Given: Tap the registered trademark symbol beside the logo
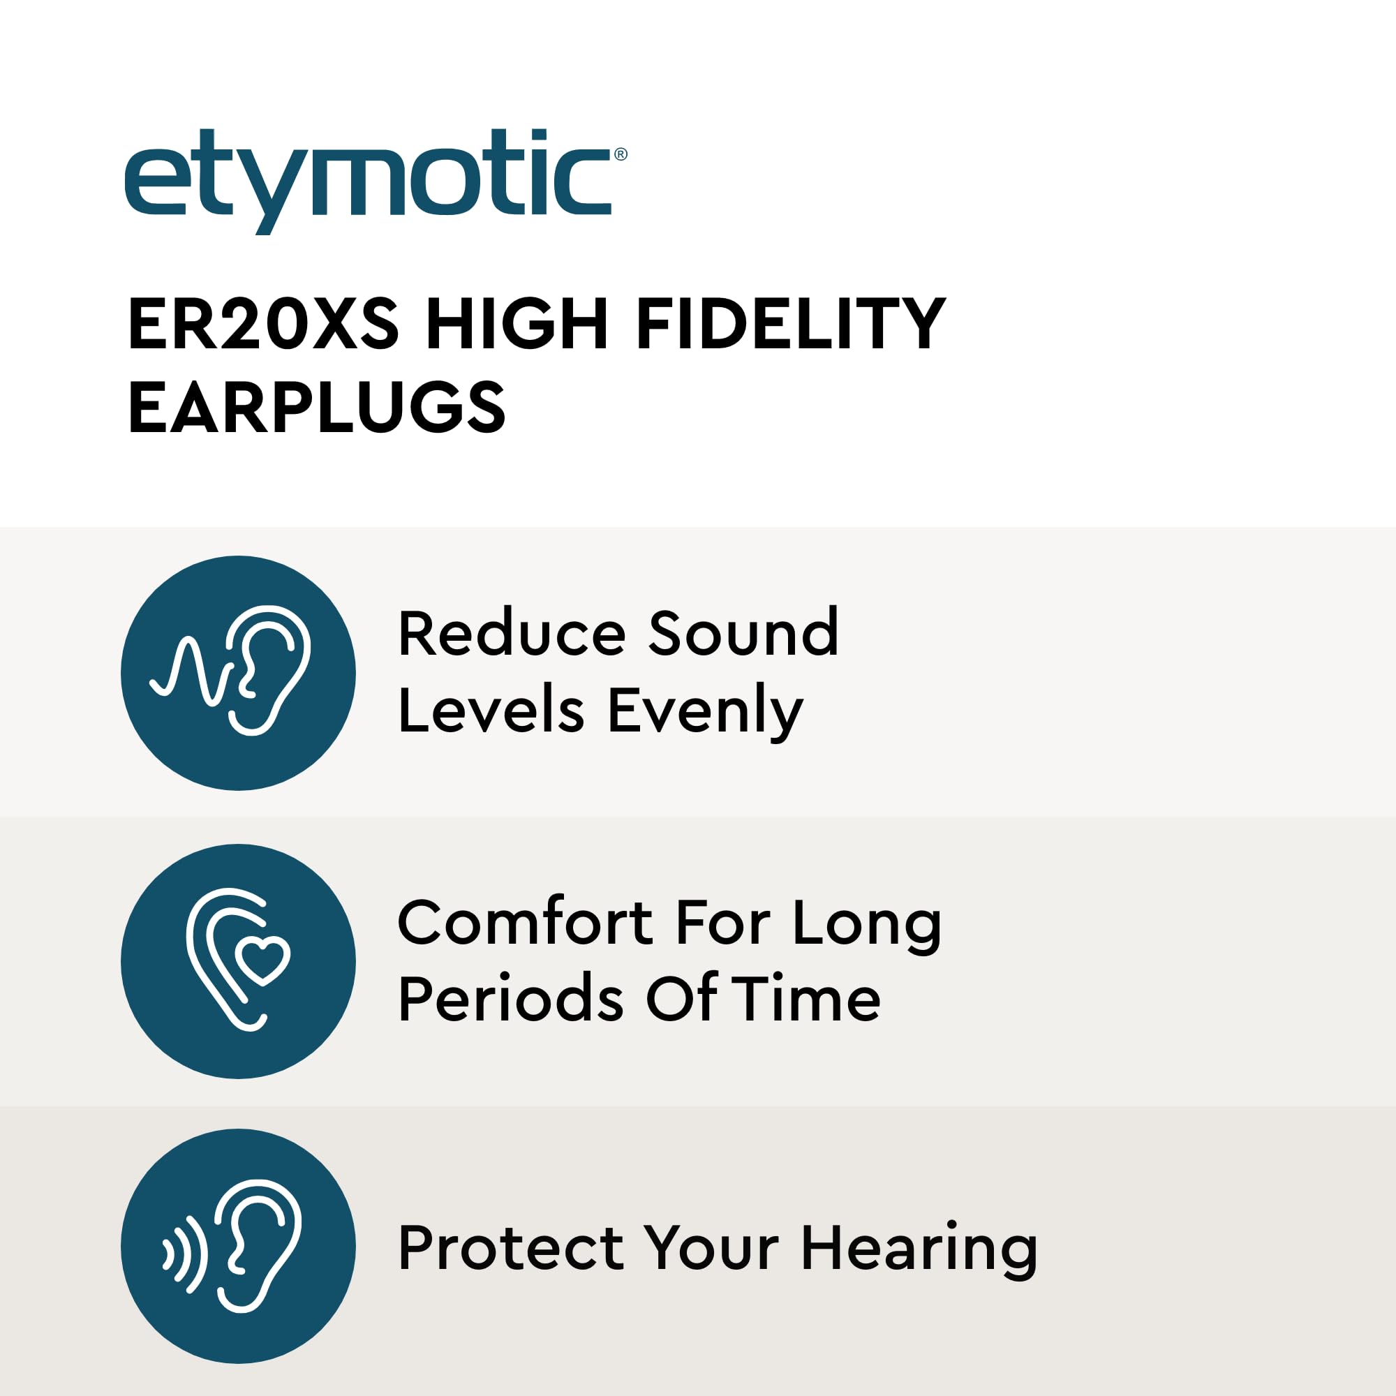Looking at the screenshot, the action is pyautogui.click(x=620, y=154).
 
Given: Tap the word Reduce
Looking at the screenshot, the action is pyautogui.click(x=512, y=634).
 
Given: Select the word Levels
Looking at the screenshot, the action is pyautogui.click(x=491, y=711).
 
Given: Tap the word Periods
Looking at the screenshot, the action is pyautogui.click(x=511, y=1000).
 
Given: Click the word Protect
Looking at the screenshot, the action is pyautogui.click(x=512, y=1248).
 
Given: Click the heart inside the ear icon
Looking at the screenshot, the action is pyautogui.click(x=263, y=960).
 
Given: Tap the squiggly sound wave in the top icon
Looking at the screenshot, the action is pyautogui.click(x=192, y=670).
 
